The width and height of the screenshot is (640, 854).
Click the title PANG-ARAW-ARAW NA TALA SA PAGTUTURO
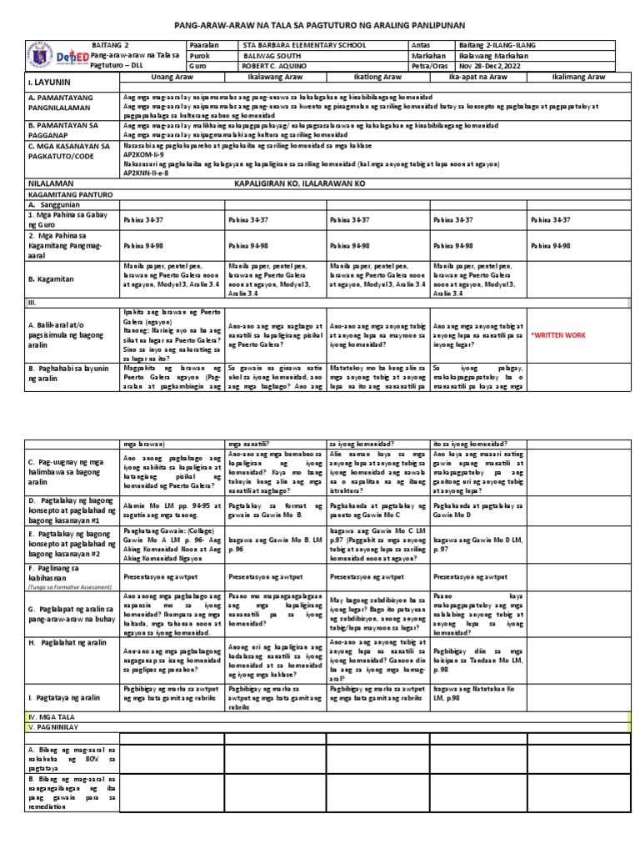click(x=319, y=25)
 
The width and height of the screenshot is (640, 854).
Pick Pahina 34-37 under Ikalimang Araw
click(x=550, y=220)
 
